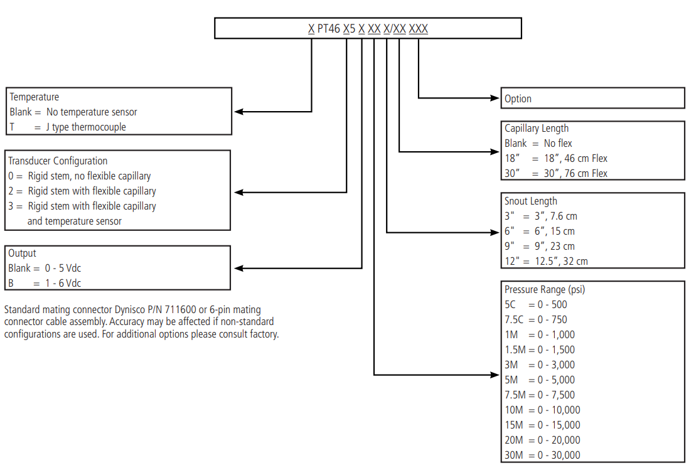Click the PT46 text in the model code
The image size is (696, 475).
(328, 29)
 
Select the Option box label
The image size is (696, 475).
(518, 99)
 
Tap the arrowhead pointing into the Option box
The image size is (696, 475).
(495, 98)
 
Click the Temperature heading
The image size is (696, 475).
(34, 97)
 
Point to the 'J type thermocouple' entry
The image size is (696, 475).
(86, 127)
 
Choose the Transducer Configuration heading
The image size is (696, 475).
(58, 161)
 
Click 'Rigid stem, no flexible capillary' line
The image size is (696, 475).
(89, 176)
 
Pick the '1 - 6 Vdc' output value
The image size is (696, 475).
(63, 283)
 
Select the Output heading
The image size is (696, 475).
(22, 253)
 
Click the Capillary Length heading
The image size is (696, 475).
(536, 128)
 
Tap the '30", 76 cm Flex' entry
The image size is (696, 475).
(576, 174)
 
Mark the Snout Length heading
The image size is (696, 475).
(530, 201)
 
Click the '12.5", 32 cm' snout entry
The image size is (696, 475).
(561, 262)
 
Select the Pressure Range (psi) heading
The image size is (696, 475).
(545, 289)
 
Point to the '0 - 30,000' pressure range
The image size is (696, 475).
(559, 455)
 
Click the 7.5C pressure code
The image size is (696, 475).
(514, 319)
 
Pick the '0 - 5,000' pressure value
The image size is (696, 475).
(556, 380)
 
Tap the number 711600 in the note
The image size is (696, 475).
(180, 309)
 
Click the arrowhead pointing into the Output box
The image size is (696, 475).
(239, 268)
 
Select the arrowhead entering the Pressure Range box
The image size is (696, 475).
(495, 375)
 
